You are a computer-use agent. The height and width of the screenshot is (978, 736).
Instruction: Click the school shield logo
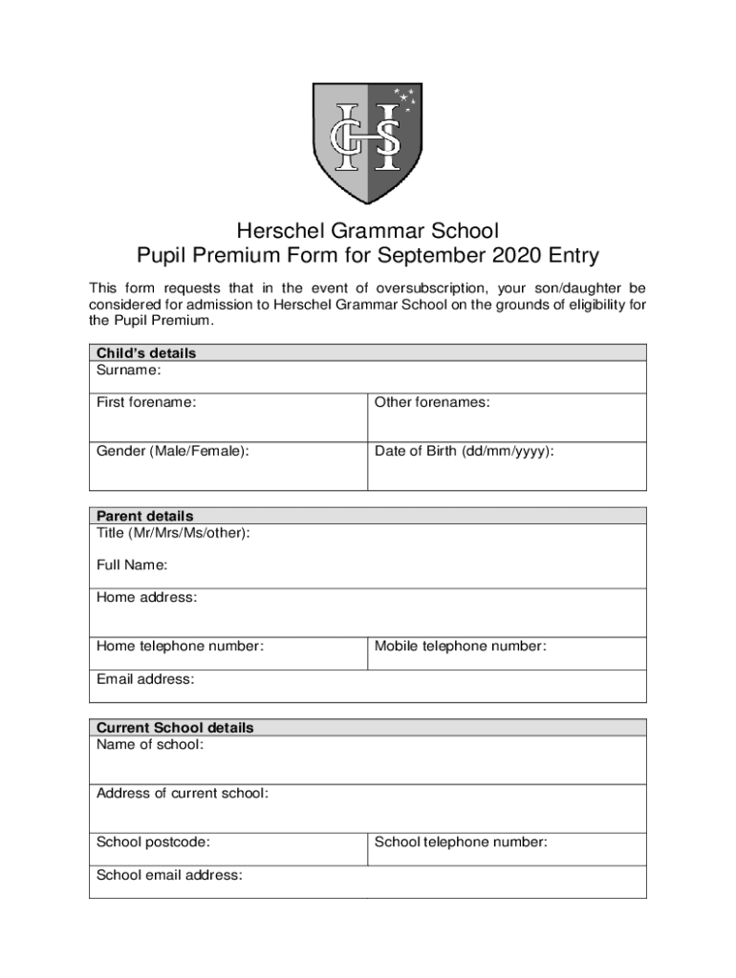tap(368, 141)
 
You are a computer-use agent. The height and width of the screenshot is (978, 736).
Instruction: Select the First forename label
tap(146, 402)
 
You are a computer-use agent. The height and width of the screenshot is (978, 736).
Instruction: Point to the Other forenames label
tap(432, 402)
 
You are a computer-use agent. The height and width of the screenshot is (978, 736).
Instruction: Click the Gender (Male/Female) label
tap(172, 451)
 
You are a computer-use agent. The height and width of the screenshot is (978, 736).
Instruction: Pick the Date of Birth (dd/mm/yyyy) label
tap(464, 451)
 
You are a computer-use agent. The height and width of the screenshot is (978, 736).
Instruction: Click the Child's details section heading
tap(145, 353)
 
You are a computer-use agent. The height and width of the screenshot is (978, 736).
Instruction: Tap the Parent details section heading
tap(144, 516)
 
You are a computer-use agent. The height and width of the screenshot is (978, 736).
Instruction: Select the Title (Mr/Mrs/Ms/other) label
tap(173, 532)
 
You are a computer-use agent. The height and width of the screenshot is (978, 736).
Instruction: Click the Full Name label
tap(132, 565)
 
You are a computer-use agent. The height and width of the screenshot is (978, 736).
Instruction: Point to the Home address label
tap(146, 598)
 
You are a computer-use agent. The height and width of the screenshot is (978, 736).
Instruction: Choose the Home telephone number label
tap(180, 647)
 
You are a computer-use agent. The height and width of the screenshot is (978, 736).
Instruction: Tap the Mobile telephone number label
tap(460, 647)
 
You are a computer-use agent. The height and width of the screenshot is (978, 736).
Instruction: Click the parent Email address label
tap(144, 679)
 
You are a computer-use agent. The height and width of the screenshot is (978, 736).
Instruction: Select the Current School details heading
tap(175, 728)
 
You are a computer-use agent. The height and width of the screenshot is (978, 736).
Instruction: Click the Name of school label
tap(149, 744)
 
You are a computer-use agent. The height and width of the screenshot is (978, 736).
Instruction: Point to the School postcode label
tap(153, 842)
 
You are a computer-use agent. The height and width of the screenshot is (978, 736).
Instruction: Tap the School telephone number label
tap(461, 842)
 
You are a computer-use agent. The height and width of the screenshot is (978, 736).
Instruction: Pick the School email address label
tap(169, 875)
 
